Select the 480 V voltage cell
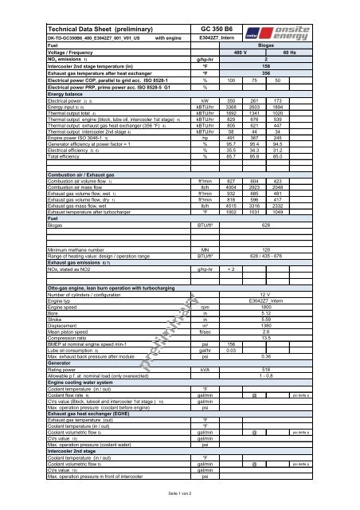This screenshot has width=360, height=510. pyautogui.click(x=239, y=52)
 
